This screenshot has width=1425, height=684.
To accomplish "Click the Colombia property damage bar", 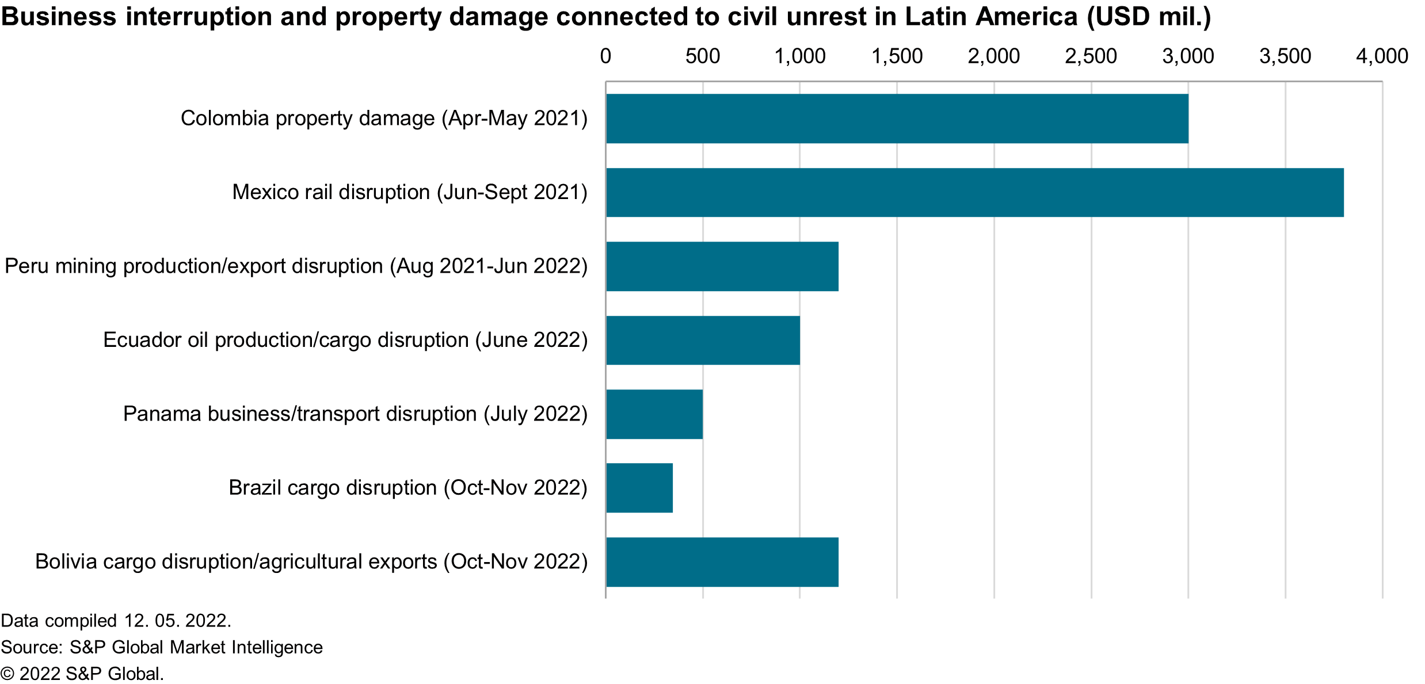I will (897, 119).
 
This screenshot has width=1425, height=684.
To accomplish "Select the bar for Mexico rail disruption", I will (974, 192).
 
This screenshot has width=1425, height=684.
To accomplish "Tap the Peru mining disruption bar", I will (722, 266).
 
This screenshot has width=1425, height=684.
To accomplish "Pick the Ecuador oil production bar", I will (703, 340).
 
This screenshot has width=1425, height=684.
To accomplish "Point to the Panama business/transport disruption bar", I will (654, 414).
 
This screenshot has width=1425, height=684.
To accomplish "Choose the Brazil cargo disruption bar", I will (639, 488).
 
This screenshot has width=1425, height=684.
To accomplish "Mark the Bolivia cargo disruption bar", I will (722, 562).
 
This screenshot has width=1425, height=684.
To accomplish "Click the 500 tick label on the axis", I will (703, 56).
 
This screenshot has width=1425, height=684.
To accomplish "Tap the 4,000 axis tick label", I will (1382, 56).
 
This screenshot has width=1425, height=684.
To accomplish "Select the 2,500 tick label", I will (1091, 56).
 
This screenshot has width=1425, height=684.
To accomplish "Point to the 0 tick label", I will (605, 56).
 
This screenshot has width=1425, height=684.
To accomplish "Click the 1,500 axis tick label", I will (897, 56).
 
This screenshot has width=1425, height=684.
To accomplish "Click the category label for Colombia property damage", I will (384, 119).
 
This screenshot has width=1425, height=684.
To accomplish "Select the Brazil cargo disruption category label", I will (408, 488).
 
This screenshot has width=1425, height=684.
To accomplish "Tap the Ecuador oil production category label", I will (345, 340).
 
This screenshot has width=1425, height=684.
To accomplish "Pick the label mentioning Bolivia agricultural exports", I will (311, 562).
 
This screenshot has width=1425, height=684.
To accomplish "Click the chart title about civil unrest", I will (606, 17).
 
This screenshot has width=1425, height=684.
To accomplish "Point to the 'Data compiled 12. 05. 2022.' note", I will (116, 621).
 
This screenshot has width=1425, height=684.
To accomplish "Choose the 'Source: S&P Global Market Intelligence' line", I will (162, 647).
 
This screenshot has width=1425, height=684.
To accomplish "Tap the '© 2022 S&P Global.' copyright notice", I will (82, 674).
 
